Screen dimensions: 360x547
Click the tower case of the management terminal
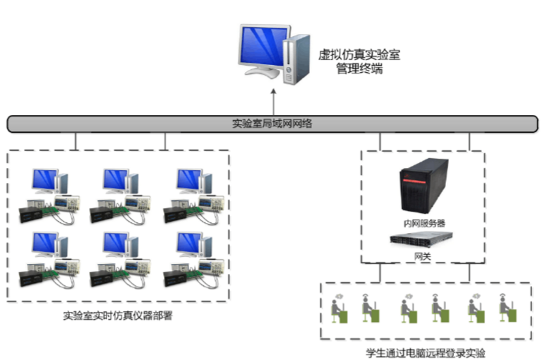pyautogui.click(x=296, y=59)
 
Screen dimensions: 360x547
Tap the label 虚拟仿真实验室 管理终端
pyautogui.click(x=359, y=61)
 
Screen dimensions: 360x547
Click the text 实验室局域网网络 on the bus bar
pyautogui.click(x=272, y=124)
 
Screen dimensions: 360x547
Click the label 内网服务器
pyautogui.click(x=423, y=223)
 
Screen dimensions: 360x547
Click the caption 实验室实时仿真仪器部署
pyautogui.click(x=118, y=316)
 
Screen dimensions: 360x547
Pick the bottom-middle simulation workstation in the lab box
pyautogui.click(x=121, y=260)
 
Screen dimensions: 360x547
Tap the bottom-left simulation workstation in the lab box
pyautogui.click(x=49, y=260)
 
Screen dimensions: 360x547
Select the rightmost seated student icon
pyautogui.click(x=505, y=309)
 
